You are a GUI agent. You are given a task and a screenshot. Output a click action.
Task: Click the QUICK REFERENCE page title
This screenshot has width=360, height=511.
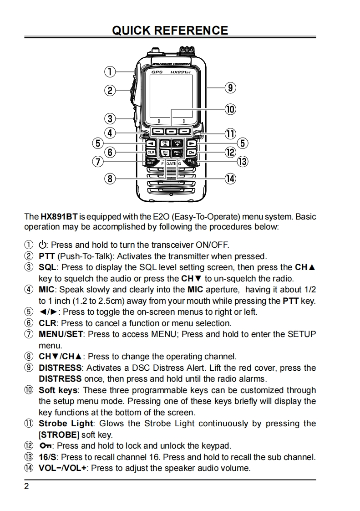pyautogui.click(x=170, y=31)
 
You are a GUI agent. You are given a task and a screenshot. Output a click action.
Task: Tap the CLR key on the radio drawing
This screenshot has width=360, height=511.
pyautogui.click(x=152, y=152)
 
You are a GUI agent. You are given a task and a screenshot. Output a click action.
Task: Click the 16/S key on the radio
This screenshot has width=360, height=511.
pyautogui.click(x=193, y=161)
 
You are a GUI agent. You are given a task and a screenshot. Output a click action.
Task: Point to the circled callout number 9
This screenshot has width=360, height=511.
pyautogui.click(x=231, y=87)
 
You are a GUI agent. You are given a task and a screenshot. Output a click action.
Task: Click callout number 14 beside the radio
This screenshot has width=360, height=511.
pyautogui.click(x=231, y=179)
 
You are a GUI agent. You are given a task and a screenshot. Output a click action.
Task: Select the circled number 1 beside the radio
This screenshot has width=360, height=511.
pyautogui.click(x=110, y=72)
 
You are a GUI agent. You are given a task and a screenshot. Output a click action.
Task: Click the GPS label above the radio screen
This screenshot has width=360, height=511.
pyautogui.click(x=157, y=72)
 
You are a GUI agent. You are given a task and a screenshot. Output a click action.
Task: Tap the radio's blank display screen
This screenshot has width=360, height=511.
pyautogui.click(x=171, y=97)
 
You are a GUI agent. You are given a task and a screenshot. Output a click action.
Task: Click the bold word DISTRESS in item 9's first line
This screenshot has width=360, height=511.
pyautogui.click(x=60, y=368)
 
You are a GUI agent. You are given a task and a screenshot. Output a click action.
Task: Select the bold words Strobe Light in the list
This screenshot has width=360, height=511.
pyautogui.click(x=66, y=424)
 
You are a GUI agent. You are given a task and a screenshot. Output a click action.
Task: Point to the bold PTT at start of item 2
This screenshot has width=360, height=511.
pyautogui.click(x=47, y=256)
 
